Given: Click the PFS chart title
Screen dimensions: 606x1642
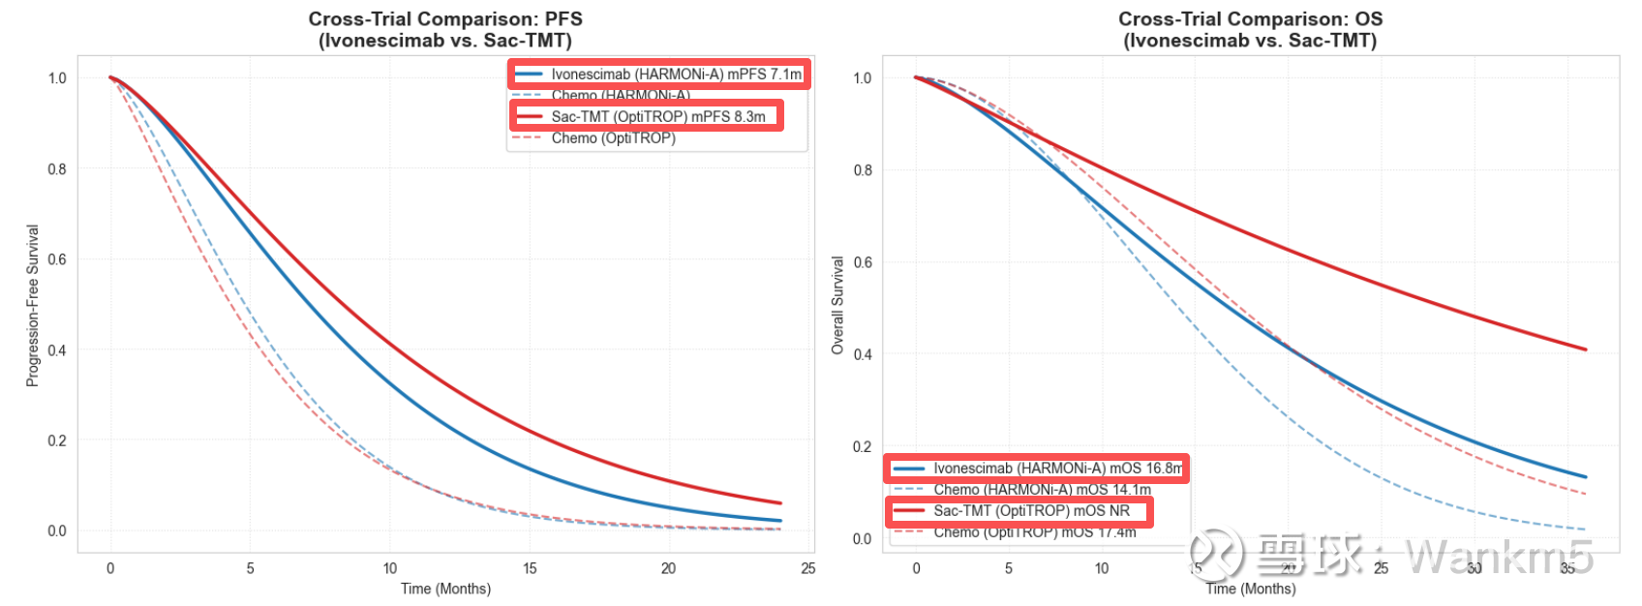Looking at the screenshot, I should click(x=445, y=29).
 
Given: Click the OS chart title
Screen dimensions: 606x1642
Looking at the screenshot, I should click(x=1250, y=29).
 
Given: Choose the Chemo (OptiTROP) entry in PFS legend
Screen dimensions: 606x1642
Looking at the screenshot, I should click(x=613, y=138).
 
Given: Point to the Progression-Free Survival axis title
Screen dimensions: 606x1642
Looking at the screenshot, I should click(x=33, y=306).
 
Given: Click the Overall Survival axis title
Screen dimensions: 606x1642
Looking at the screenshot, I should click(x=837, y=306).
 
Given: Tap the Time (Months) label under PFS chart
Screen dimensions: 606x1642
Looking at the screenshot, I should click(x=445, y=589).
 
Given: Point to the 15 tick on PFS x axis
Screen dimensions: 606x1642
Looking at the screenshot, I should click(x=530, y=568).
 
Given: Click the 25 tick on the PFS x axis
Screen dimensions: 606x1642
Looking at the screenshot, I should click(x=808, y=568).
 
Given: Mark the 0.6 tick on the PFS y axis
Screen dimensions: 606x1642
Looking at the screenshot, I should click(x=57, y=259).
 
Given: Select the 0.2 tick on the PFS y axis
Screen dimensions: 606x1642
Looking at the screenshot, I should click(x=57, y=440).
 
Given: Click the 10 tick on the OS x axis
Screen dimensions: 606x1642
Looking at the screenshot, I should click(x=1102, y=568).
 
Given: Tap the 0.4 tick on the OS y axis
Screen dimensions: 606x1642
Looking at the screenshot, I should click(x=862, y=354).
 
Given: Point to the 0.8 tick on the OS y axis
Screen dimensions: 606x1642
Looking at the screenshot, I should click(x=862, y=170).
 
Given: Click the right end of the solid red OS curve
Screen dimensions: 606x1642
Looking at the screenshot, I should click(x=1585, y=349).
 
